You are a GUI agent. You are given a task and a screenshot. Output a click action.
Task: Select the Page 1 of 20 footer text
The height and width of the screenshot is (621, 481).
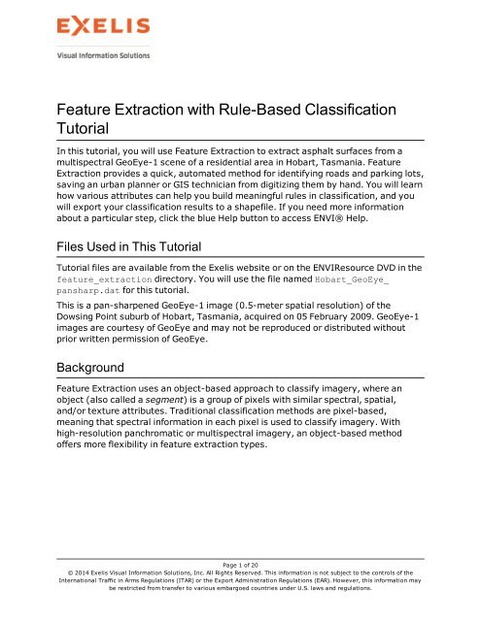click(241, 565)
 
